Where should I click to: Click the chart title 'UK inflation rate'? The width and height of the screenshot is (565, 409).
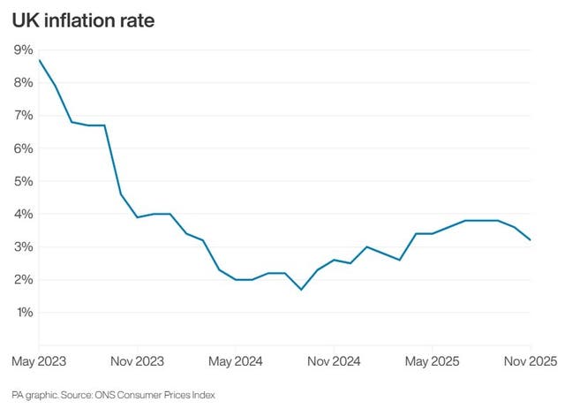click(x=84, y=20)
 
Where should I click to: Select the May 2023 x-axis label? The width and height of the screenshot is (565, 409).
click(x=39, y=362)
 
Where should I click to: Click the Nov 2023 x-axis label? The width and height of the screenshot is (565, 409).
click(x=136, y=362)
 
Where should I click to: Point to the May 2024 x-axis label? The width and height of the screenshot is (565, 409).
click(x=236, y=362)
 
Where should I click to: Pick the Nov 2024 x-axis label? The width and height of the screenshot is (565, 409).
click(x=334, y=362)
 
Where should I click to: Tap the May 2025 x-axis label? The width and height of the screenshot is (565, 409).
click(x=432, y=362)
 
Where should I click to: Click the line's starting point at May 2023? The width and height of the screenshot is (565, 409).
click(x=39, y=60)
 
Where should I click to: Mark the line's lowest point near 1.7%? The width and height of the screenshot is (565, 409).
click(x=301, y=289)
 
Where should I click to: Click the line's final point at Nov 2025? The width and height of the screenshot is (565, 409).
click(x=531, y=239)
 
